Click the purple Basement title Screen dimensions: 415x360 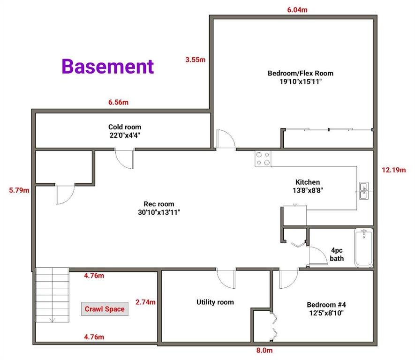click(x=108, y=66)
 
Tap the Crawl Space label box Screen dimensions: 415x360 click(x=105, y=309)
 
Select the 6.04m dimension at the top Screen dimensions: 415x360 click(x=297, y=10)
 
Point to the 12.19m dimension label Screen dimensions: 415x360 click(x=393, y=170)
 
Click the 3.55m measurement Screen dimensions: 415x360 click(x=196, y=60)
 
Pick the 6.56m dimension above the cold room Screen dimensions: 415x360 click(x=118, y=102)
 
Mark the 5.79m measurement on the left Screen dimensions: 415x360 click(x=19, y=190)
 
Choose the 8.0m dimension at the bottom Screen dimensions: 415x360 click(x=264, y=350)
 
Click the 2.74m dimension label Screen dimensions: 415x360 click(x=145, y=302)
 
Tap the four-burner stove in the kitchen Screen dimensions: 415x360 click(x=263, y=158)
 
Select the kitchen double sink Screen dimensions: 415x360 click(x=364, y=191)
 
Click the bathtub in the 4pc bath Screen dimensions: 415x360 click(x=364, y=247)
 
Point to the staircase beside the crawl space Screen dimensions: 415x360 click(x=53, y=295)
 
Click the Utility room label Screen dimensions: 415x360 click(x=215, y=302)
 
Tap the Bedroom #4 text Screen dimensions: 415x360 click(x=326, y=305)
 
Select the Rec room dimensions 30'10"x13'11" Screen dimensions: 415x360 click(x=159, y=212)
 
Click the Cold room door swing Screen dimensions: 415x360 click(x=125, y=159)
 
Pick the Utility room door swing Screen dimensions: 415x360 click(x=226, y=278)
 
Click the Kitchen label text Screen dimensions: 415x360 click(x=308, y=182)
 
